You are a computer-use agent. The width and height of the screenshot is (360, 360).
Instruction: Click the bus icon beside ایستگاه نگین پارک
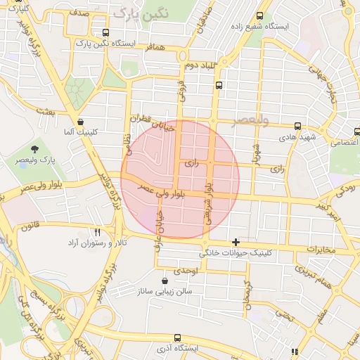(105, 32)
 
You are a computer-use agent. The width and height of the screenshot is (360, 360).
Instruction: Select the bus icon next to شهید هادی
(298, 126)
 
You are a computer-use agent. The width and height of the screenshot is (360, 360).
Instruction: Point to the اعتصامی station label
(344, 141)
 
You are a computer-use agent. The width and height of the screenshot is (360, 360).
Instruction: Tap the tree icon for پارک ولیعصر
(34, 148)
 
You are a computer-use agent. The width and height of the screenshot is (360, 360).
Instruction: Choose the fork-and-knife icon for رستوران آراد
(98, 231)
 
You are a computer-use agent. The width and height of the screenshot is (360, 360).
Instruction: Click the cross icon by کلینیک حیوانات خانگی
(236, 242)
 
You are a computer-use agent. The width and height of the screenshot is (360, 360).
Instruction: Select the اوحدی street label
(189, 270)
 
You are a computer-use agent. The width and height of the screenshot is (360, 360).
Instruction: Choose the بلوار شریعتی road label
(208, 204)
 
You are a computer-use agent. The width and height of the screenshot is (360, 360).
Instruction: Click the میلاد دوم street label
(198, 65)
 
